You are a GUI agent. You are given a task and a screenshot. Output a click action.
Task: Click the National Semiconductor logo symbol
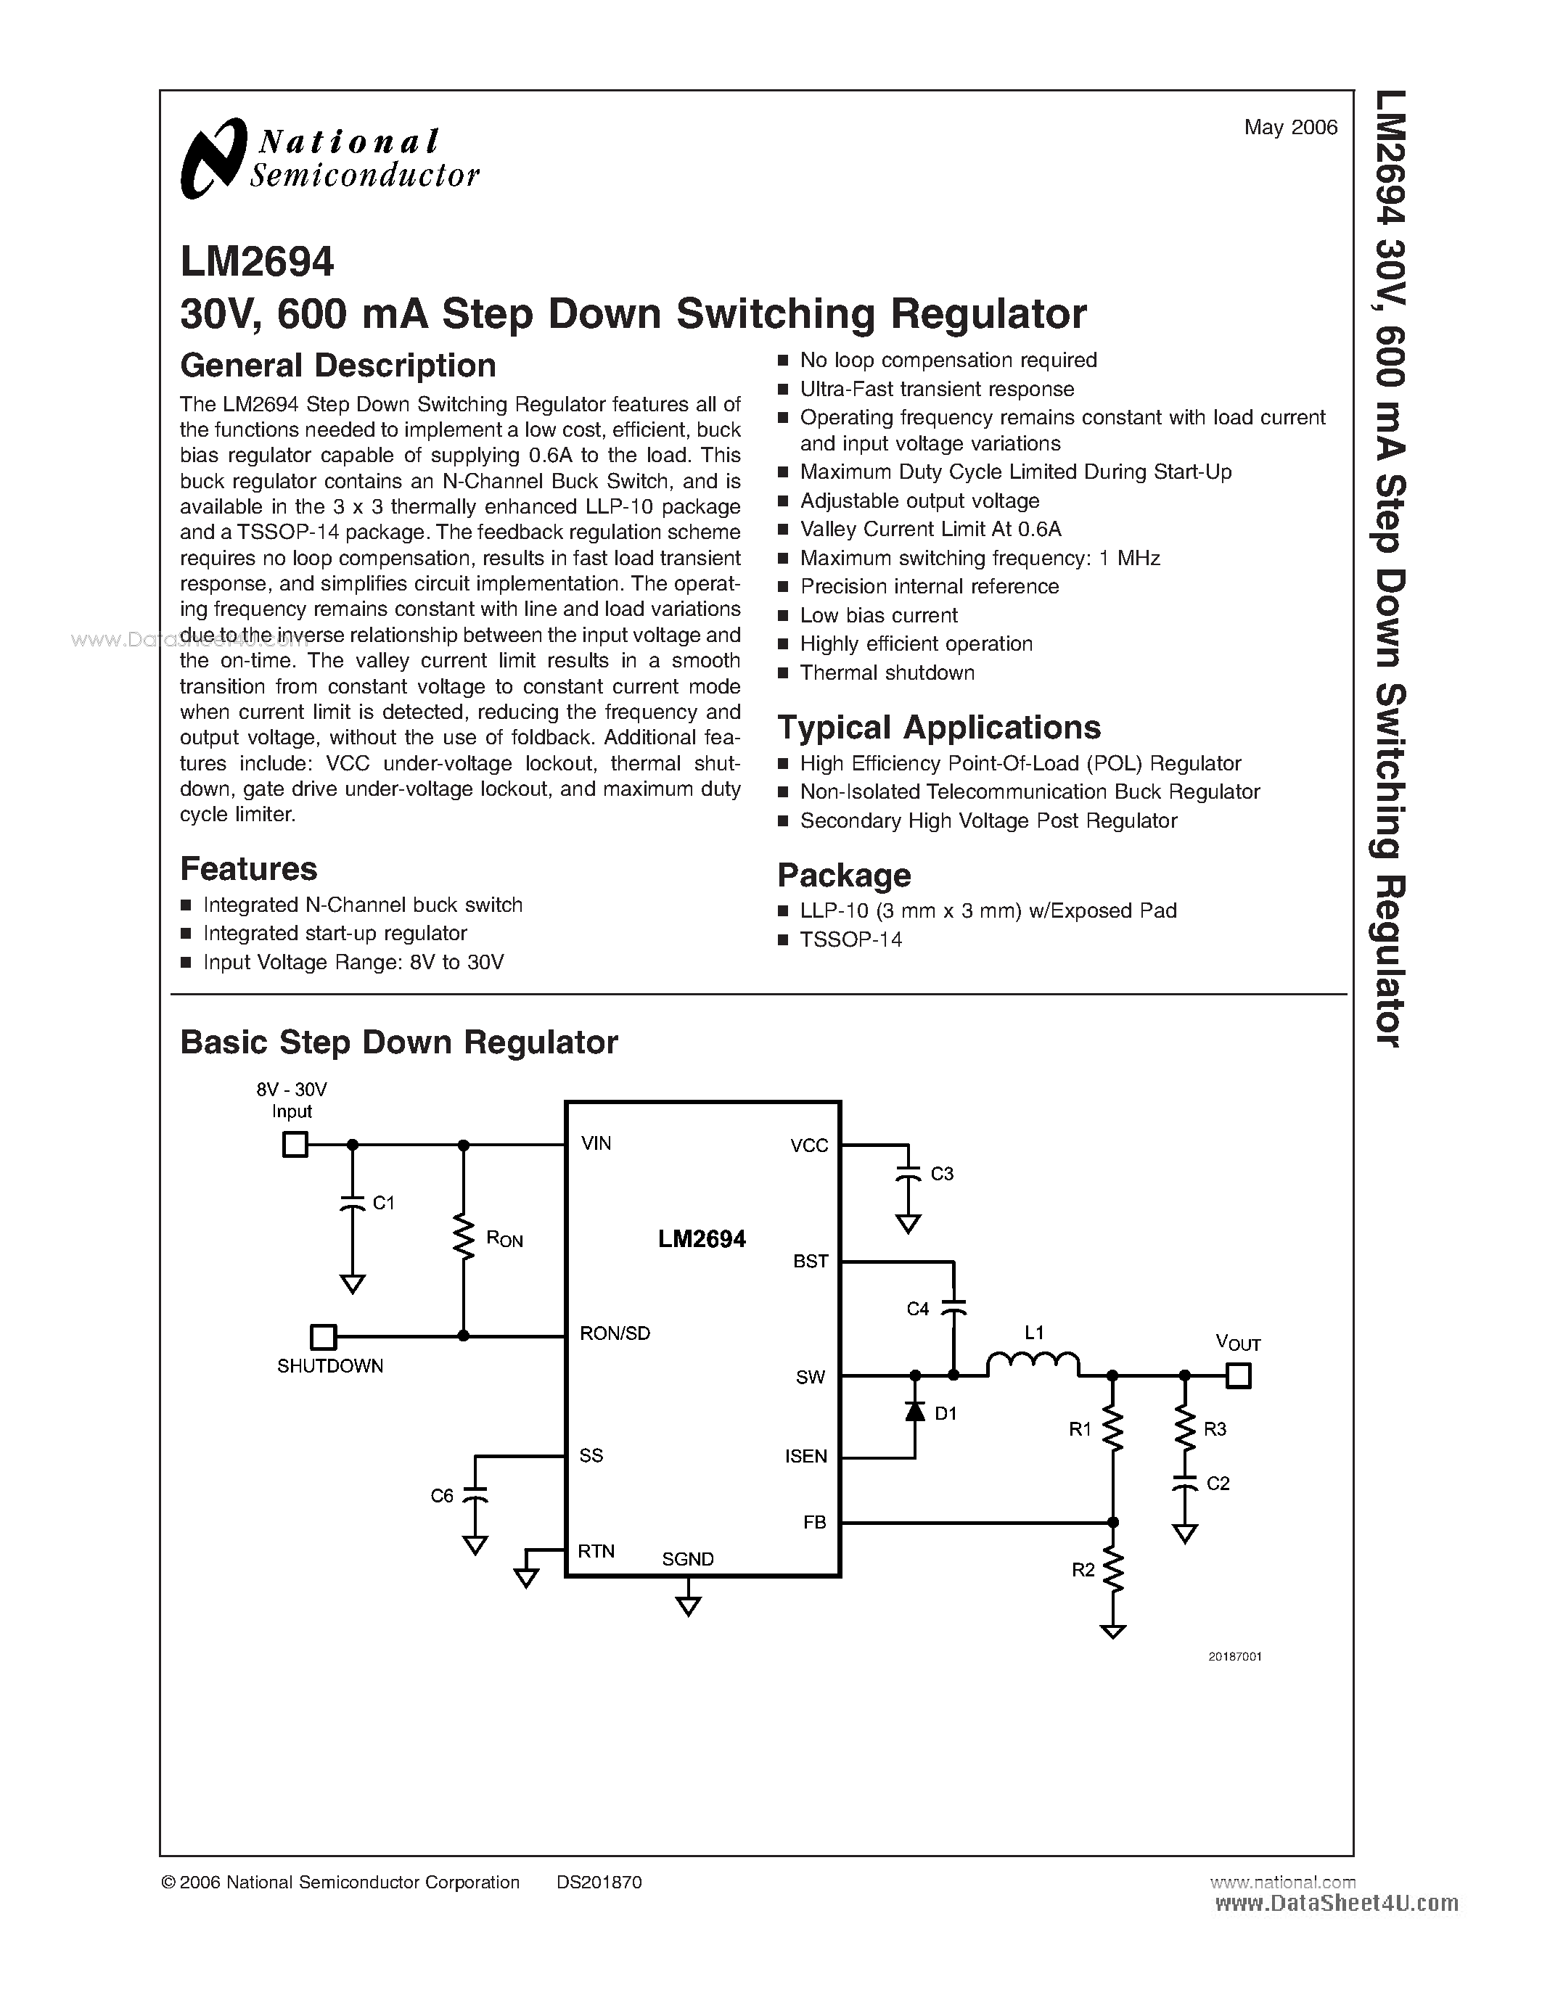pyautogui.click(x=214, y=157)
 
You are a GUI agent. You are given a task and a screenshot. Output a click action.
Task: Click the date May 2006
pyautogui.click(x=1290, y=127)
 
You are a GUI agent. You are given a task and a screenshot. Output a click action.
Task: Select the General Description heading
pyautogui.click(x=338, y=366)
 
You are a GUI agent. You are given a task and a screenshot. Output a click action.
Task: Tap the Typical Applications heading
pyautogui.click(x=938, y=727)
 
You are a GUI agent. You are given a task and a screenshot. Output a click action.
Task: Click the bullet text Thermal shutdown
pyautogui.click(x=886, y=672)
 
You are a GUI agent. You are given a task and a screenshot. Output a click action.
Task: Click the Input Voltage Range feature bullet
pyautogui.click(x=353, y=962)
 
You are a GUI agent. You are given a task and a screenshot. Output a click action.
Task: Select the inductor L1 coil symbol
pyautogui.click(x=1033, y=1364)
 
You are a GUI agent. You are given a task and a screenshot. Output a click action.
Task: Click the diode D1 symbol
pyautogui.click(x=914, y=1411)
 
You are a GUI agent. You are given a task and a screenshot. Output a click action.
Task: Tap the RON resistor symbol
pyautogui.click(x=464, y=1238)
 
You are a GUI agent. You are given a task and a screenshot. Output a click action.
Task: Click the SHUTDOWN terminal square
pyautogui.click(x=322, y=1336)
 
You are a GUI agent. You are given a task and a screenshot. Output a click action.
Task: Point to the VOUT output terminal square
pyautogui.click(x=1237, y=1375)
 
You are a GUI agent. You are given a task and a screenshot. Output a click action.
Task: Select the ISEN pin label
pyautogui.click(x=805, y=1456)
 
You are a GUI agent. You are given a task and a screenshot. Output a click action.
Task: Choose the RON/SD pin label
pyautogui.click(x=615, y=1333)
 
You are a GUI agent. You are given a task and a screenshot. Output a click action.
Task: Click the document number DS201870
pyautogui.click(x=599, y=1882)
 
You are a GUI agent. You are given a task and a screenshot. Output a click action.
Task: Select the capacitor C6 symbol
pyautogui.click(x=474, y=1495)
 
